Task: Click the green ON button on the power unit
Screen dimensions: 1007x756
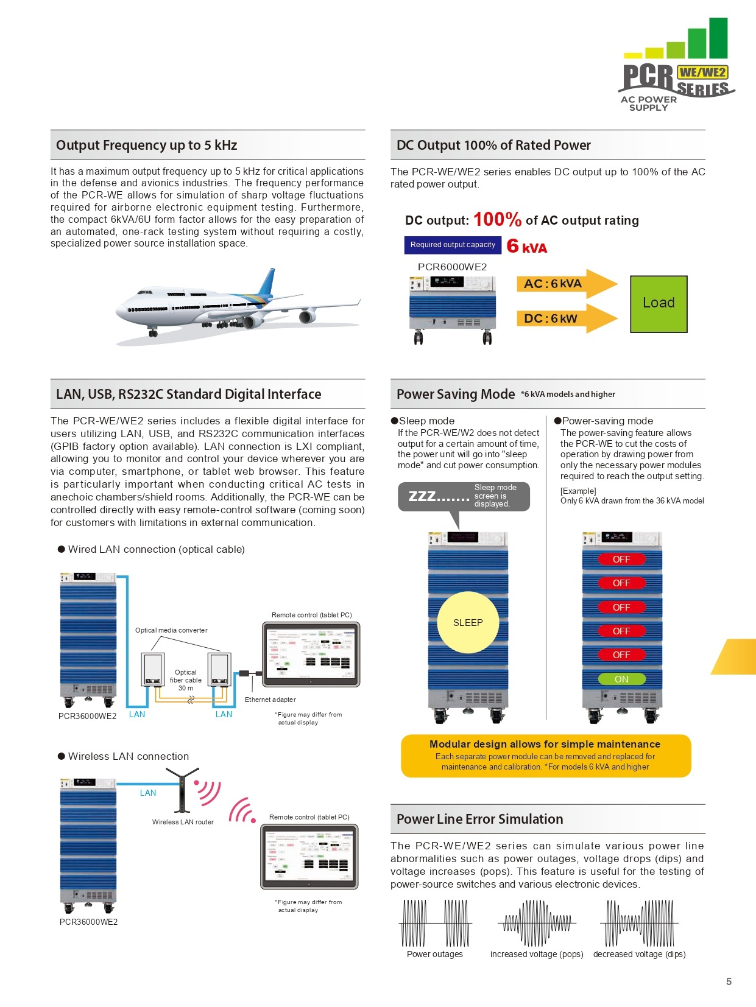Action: (x=621, y=679)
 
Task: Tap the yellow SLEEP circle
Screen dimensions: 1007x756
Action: (x=468, y=622)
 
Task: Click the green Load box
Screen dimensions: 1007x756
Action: (x=659, y=304)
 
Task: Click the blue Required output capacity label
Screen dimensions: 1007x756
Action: (x=453, y=245)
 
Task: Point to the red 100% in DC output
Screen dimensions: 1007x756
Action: (x=497, y=219)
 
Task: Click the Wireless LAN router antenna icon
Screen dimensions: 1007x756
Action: (x=182, y=789)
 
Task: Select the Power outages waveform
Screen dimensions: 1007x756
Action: (x=435, y=923)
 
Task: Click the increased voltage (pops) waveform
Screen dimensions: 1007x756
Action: (x=537, y=923)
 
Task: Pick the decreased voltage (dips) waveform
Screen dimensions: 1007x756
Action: (x=639, y=923)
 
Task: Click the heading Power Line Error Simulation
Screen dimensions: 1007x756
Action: (x=479, y=819)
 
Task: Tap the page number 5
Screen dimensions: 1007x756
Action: (x=729, y=981)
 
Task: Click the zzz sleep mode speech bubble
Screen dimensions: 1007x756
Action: (x=464, y=496)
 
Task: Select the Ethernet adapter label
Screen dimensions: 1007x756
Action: (x=270, y=700)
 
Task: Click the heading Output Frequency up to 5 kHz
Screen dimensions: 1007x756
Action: (x=146, y=145)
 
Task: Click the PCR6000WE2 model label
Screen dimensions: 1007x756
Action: (x=452, y=267)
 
